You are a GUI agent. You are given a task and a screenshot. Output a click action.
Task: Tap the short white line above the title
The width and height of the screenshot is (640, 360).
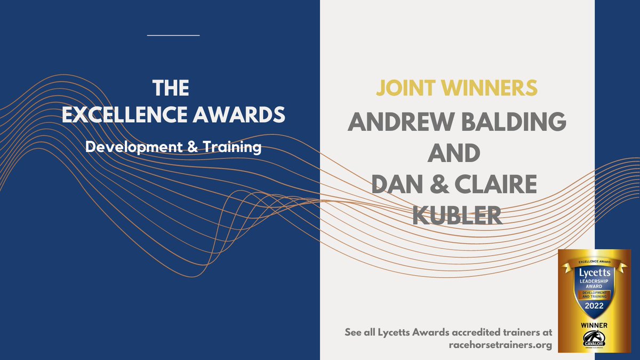click(x=173, y=35)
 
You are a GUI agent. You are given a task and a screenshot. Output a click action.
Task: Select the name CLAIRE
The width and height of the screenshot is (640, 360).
click(x=490, y=184)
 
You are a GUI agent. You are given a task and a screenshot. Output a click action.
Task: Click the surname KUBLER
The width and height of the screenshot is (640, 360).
click(x=457, y=214)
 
